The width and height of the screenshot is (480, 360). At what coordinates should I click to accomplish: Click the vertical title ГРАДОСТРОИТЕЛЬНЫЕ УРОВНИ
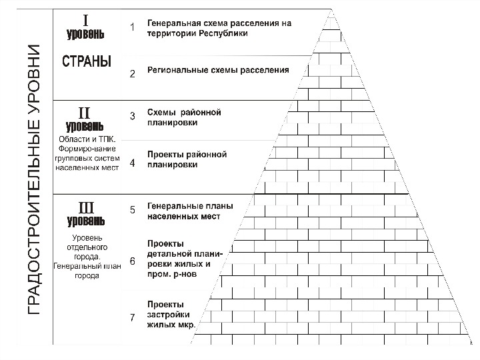coord(33,180)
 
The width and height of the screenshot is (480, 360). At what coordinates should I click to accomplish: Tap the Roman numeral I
coord(85,19)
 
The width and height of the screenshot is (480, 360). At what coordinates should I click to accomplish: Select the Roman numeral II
coord(85,111)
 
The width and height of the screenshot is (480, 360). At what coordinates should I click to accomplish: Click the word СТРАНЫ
coord(87,61)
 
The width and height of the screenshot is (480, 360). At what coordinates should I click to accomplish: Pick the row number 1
coord(132,27)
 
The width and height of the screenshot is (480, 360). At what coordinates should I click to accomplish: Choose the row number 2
coord(132,73)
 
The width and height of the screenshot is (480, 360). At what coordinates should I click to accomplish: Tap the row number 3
coord(132,116)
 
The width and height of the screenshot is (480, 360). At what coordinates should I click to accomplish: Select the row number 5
coord(132,210)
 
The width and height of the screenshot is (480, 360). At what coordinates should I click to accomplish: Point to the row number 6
coord(132,261)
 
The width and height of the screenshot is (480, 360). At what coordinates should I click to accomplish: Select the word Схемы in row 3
coord(162,112)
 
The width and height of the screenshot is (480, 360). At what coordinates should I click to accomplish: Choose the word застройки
coord(169,314)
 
